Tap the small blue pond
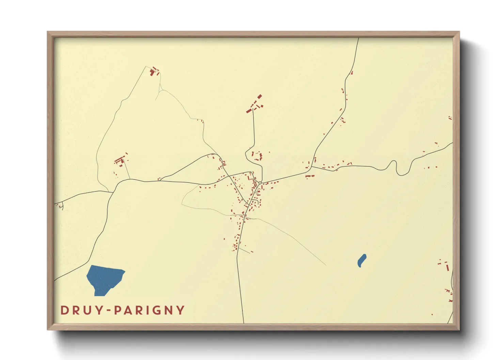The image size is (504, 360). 362,260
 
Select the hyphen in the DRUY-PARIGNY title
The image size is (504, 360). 108,310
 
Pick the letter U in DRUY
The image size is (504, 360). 88,310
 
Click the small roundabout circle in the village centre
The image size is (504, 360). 260,183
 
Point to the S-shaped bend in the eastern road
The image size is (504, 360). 397,167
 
